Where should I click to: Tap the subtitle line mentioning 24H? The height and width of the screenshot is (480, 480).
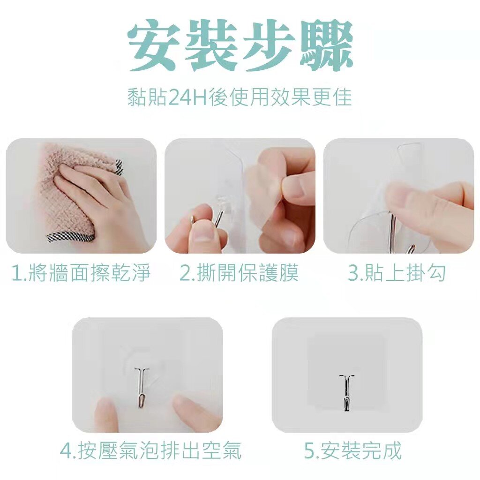point(240,97)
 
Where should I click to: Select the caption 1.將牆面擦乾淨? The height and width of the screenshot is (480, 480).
point(81,273)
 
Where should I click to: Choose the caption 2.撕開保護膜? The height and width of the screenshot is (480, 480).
point(239,273)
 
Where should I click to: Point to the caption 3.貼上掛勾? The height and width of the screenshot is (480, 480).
point(397,273)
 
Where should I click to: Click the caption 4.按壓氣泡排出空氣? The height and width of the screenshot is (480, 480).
point(150,450)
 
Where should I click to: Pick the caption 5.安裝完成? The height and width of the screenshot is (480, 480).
point(352,450)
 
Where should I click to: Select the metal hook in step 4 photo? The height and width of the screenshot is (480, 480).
point(141,388)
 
